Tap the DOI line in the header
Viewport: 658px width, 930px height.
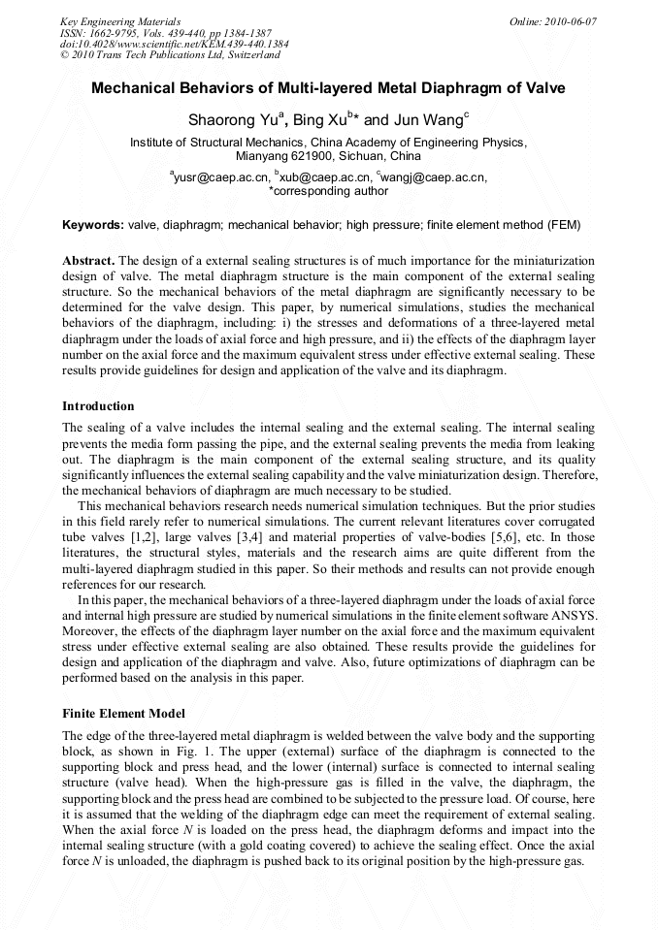pyautogui.click(x=174, y=44)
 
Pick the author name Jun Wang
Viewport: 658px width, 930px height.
pyautogui.click(x=425, y=120)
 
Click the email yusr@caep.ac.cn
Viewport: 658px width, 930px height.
pyautogui.click(x=220, y=177)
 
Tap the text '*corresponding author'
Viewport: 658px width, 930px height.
pyautogui.click(x=328, y=191)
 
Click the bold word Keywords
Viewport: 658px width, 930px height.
pyautogui.click(x=93, y=225)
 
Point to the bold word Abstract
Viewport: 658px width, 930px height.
pyautogui.click(x=90, y=262)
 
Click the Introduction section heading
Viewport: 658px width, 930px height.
pyautogui.click(x=98, y=405)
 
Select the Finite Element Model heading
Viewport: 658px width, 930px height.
pyautogui.click(x=121, y=713)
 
